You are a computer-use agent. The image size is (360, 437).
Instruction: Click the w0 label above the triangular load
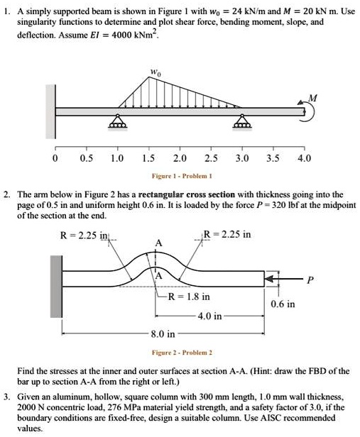pyautogui.click(x=155, y=72)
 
